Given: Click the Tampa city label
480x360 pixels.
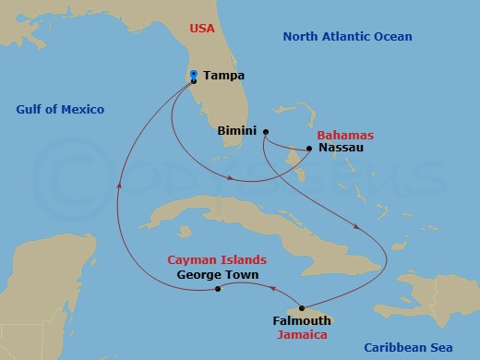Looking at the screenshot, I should pyautogui.click(x=224, y=78).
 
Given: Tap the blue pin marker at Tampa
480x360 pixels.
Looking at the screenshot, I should pyautogui.click(x=193, y=76).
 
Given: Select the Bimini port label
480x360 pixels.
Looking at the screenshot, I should pyautogui.click(x=236, y=131).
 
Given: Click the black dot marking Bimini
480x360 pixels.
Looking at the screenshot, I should pyautogui.click(x=265, y=131).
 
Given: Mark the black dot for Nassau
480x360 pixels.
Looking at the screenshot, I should pyautogui.click(x=310, y=146).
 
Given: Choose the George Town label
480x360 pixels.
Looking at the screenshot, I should pyautogui.click(x=217, y=275).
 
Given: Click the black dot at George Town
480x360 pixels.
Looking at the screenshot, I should pyautogui.click(x=218, y=289).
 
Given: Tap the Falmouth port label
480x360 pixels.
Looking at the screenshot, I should pyautogui.click(x=302, y=320).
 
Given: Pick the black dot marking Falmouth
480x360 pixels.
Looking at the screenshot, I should pyautogui.click(x=303, y=307).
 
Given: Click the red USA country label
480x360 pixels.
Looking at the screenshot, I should pyautogui.click(x=202, y=29).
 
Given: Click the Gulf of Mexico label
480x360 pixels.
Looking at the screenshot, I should pyautogui.click(x=60, y=110).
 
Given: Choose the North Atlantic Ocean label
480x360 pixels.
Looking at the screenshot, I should pyautogui.click(x=347, y=36).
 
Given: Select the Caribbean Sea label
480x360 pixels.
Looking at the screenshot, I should pyautogui.click(x=408, y=347).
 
